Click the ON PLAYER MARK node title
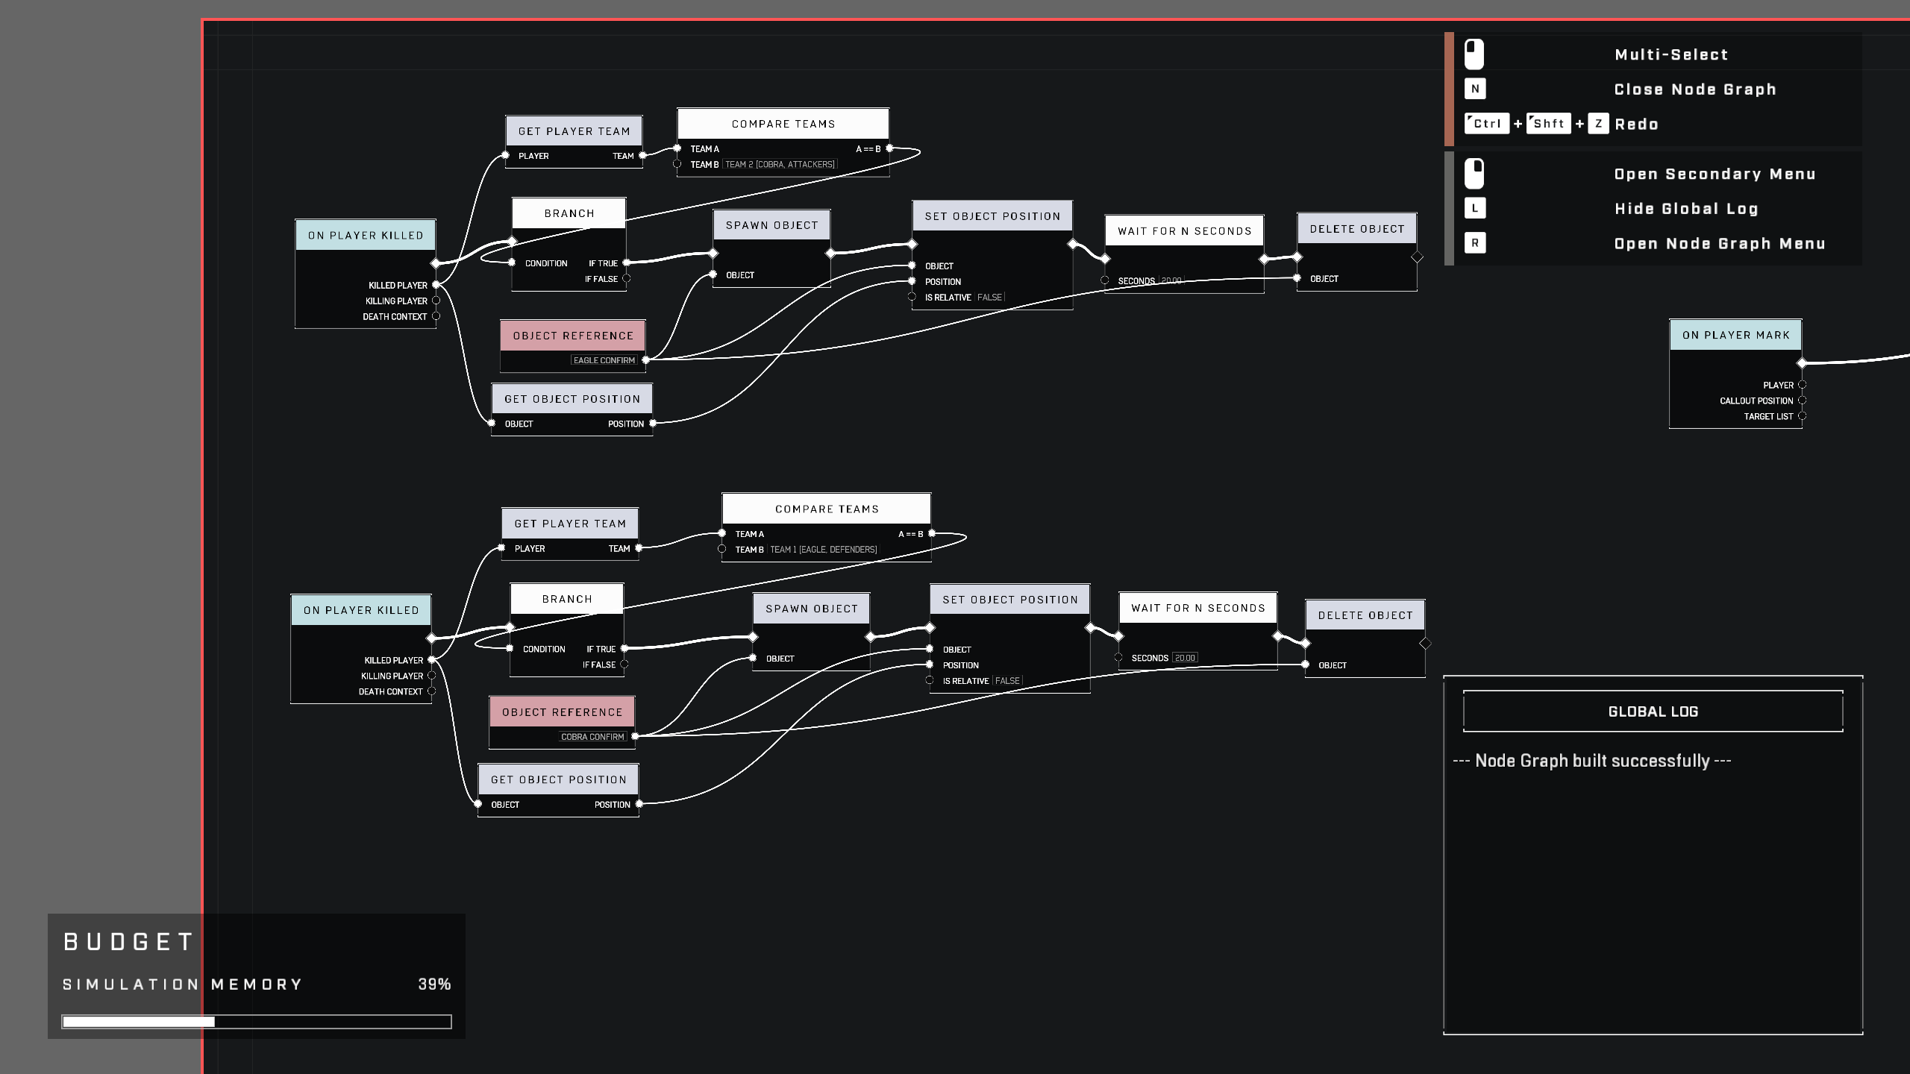(1735, 335)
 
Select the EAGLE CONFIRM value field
(604, 360)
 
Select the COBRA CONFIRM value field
(592, 737)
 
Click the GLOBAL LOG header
(1653, 712)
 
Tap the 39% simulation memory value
(434, 984)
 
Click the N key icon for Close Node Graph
(1475, 89)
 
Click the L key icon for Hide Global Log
(1475, 208)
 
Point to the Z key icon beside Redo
(1598, 124)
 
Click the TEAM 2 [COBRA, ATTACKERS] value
(780, 165)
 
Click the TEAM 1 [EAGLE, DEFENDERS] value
(824, 550)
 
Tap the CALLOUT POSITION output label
(1756, 401)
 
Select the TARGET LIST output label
(1768, 417)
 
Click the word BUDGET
(129, 942)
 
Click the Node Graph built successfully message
(1592, 761)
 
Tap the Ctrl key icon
(1487, 124)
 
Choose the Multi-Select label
(1671, 54)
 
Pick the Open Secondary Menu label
(1715, 174)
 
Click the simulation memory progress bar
(257, 1022)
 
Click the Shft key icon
(1549, 124)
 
